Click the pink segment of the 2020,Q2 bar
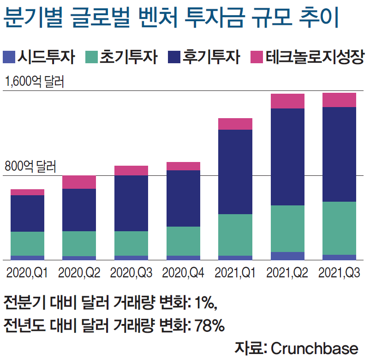(79, 182)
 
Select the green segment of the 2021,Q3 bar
(339, 228)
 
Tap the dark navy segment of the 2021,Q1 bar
(235, 172)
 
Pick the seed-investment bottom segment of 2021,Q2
(287, 256)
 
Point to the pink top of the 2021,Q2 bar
(287, 101)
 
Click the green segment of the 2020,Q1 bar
(27, 244)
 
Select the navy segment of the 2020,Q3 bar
(131, 203)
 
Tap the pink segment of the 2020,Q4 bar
(183, 166)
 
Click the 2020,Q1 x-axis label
(27, 273)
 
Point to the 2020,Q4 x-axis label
(183, 273)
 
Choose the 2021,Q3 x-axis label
(339, 273)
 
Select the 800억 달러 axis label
(30, 166)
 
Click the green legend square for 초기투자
(92, 57)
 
